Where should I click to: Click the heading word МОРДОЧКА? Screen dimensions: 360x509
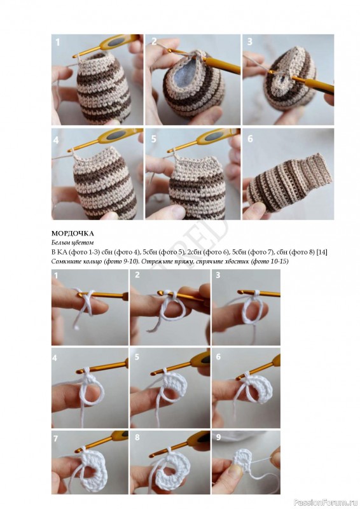click(x=73, y=234)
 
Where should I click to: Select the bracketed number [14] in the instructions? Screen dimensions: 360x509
click(x=322, y=252)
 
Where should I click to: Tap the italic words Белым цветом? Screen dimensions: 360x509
click(x=73, y=242)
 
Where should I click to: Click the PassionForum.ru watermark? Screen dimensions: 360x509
click(x=325, y=503)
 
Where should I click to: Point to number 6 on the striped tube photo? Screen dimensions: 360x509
click(x=250, y=139)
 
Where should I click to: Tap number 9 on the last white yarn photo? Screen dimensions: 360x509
click(x=218, y=437)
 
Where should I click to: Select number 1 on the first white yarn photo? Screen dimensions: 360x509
click(x=56, y=275)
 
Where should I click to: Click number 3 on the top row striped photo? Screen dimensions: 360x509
click(x=249, y=41)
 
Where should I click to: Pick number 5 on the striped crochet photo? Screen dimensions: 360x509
click(x=153, y=139)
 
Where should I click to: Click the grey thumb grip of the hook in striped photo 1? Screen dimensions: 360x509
click(x=116, y=42)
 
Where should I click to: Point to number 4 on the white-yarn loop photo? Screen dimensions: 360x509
click(x=55, y=358)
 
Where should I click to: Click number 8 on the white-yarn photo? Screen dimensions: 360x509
click(x=137, y=437)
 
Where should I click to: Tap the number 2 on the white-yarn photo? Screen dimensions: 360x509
click(x=137, y=275)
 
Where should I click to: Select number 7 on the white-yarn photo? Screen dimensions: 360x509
click(x=55, y=438)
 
